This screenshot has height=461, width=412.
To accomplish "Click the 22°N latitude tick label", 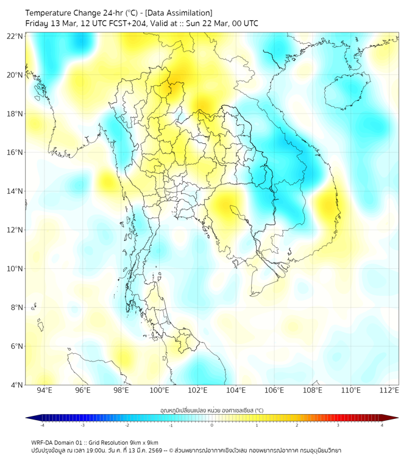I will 15,37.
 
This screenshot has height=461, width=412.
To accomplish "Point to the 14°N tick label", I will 15,191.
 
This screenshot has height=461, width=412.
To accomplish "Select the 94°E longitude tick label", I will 44,390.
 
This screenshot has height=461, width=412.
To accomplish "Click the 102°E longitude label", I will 198,390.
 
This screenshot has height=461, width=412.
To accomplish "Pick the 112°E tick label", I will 389,390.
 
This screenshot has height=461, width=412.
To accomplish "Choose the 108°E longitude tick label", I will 313,390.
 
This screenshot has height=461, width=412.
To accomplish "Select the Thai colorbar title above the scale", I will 211,410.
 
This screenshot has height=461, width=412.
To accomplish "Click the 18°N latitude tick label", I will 15,114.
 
